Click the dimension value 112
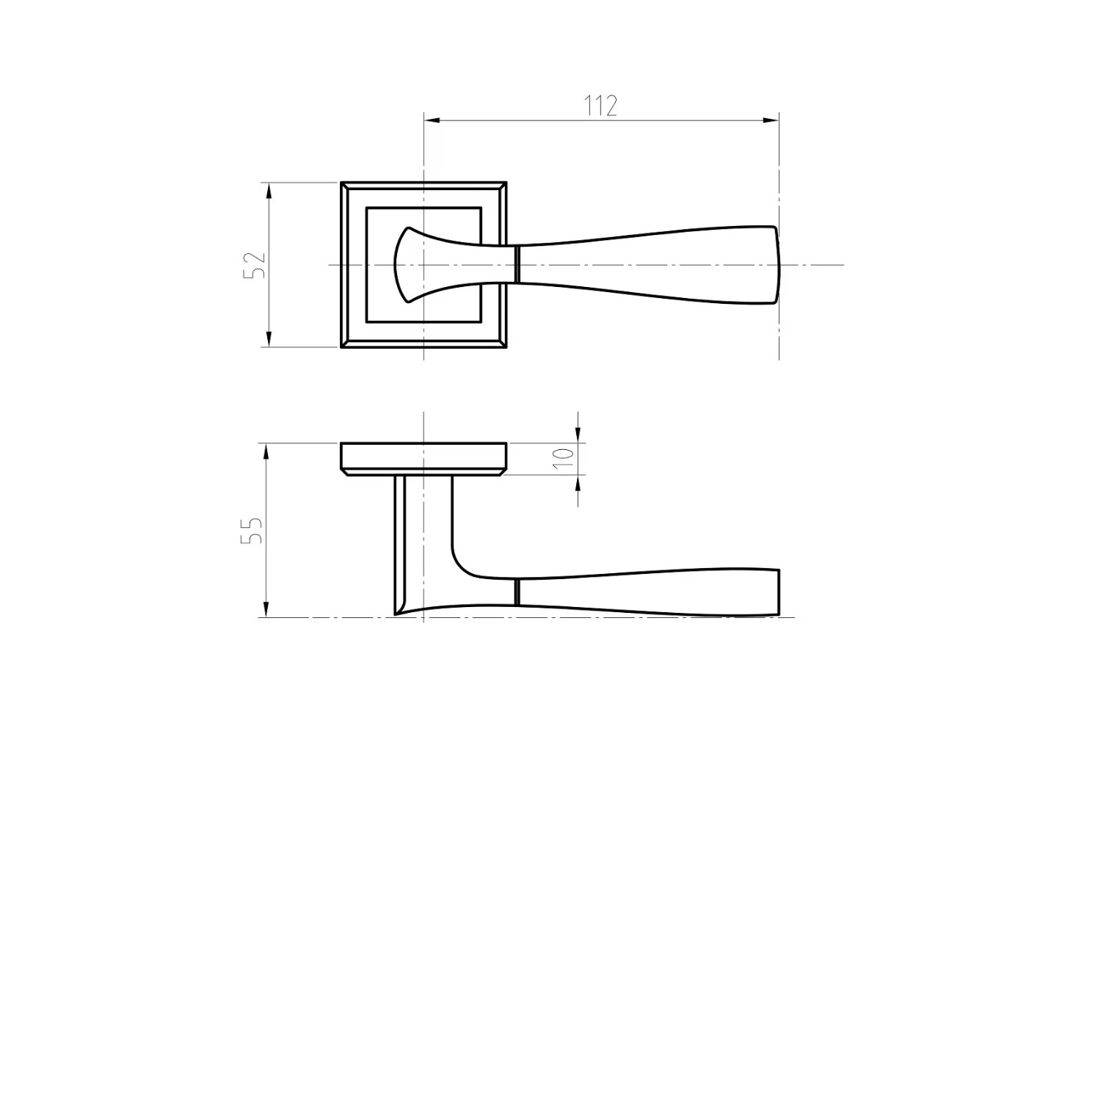coord(601,106)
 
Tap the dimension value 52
coord(254,265)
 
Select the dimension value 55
coord(252,530)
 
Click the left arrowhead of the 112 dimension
coord(432,120)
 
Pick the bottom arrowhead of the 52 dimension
coord(269,338)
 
